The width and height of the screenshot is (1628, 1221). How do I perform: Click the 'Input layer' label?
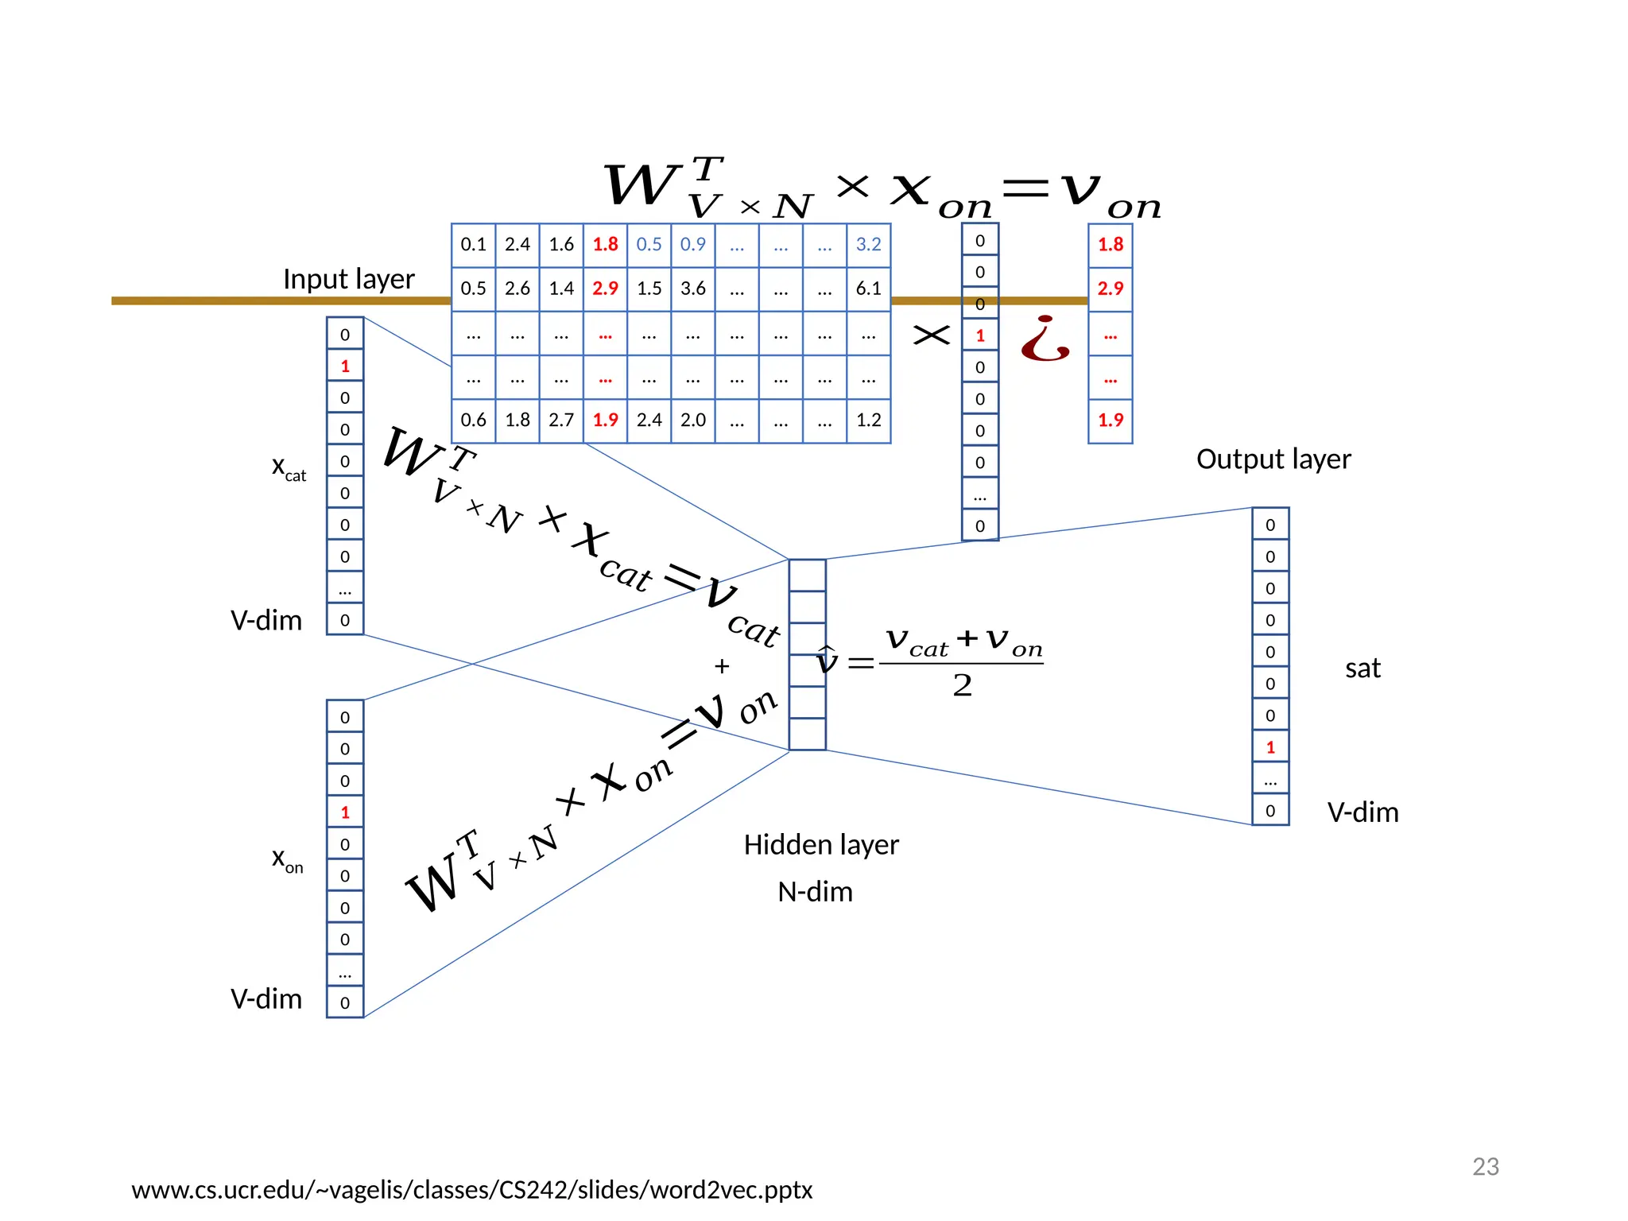[x=348, y=279]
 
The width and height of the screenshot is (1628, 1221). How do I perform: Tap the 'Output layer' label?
[x=1273, y=459]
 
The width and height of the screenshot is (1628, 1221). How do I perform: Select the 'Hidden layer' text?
[x=820, y=844]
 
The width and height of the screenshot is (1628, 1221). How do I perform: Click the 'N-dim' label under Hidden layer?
[x=815, y=891]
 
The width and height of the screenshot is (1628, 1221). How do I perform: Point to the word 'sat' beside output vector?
[x=1362, y=668]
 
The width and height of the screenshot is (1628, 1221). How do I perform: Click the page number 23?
[x=1485, y=1166]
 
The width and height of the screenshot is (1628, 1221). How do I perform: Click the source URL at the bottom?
[x=471, y=1190]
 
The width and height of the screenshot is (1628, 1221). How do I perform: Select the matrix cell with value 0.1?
[x=473, y=244]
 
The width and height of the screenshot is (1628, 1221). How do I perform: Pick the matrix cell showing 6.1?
[x=868, y=289]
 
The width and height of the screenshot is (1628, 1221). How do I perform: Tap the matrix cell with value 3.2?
[x=868, y=244]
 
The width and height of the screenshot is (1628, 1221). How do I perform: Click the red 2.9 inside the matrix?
[x=605, y=289]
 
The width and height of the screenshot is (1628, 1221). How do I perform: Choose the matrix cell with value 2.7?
[x=561, y=420]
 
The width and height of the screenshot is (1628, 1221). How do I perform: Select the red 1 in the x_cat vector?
[x=345, y=366]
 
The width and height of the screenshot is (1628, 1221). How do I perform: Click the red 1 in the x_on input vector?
[x=345, y=812]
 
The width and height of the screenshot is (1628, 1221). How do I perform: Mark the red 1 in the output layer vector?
[x=1270, y=747]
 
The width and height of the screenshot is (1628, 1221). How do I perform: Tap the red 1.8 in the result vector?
[x=1110, y=244]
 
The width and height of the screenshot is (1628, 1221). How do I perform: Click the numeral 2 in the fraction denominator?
[x=962, y=685]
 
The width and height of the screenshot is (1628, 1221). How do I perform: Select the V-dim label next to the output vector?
[x=1362, y=812]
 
